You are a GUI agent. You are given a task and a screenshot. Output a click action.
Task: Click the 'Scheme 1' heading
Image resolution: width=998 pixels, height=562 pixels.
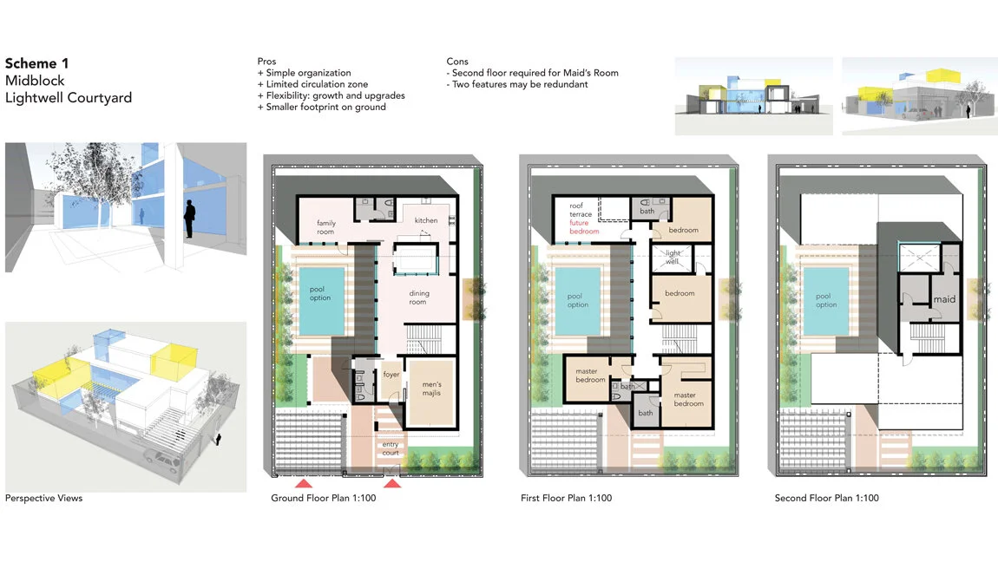[x=37, y=63]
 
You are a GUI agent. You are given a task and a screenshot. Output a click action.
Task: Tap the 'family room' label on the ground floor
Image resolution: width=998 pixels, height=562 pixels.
[x=326, y=227]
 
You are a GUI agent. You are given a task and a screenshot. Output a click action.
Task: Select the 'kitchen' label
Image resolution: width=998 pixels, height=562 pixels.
[x=426, y=220]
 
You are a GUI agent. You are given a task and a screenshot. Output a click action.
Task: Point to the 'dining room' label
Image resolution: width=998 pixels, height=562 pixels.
[x=419, y=297]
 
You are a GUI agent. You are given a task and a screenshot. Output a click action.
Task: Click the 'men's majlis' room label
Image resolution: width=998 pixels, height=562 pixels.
[x=431, y=389]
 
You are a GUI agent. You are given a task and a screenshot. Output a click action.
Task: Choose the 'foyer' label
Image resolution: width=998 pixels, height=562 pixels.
[x=391, y=374]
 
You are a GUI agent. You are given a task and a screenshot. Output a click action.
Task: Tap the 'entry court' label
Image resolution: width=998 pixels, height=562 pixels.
[x=391, y=448]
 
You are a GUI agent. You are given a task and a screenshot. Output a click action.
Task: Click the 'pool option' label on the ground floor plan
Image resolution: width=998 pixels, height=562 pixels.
[x=320, y=293]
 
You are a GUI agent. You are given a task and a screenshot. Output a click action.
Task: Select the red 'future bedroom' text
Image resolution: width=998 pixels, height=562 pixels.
[x=584, y=227]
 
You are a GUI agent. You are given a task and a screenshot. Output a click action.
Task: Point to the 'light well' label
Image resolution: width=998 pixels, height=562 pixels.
[x=673, y=257]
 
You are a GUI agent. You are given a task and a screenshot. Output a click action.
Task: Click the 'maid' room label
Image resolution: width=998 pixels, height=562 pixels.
[x=944, y=299]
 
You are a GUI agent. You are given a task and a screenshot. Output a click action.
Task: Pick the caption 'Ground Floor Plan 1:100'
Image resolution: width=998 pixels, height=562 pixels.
[x=324, y=498]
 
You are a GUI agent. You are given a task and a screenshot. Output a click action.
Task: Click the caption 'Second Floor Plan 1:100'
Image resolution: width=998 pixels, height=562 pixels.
[x=827, y=498]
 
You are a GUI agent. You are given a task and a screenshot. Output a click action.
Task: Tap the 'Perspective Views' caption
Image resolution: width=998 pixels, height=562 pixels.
[x=44, y=498]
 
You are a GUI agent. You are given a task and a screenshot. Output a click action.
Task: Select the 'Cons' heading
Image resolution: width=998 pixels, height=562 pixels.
[x=457, y=62]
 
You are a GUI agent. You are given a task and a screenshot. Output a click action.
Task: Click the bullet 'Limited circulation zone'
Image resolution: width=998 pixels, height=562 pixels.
[x=312, y=84]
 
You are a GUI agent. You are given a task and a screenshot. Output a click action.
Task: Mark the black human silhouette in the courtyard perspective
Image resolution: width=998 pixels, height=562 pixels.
[x=189, y=219]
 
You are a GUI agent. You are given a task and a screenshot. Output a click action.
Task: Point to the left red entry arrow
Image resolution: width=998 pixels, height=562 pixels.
[x=303, y=484]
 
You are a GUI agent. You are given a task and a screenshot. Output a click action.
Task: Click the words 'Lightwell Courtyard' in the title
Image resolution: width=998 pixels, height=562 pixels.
[x=69, y=98]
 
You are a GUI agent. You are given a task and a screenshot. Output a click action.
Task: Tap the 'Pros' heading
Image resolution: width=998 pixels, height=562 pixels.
[x=266, y=62]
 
